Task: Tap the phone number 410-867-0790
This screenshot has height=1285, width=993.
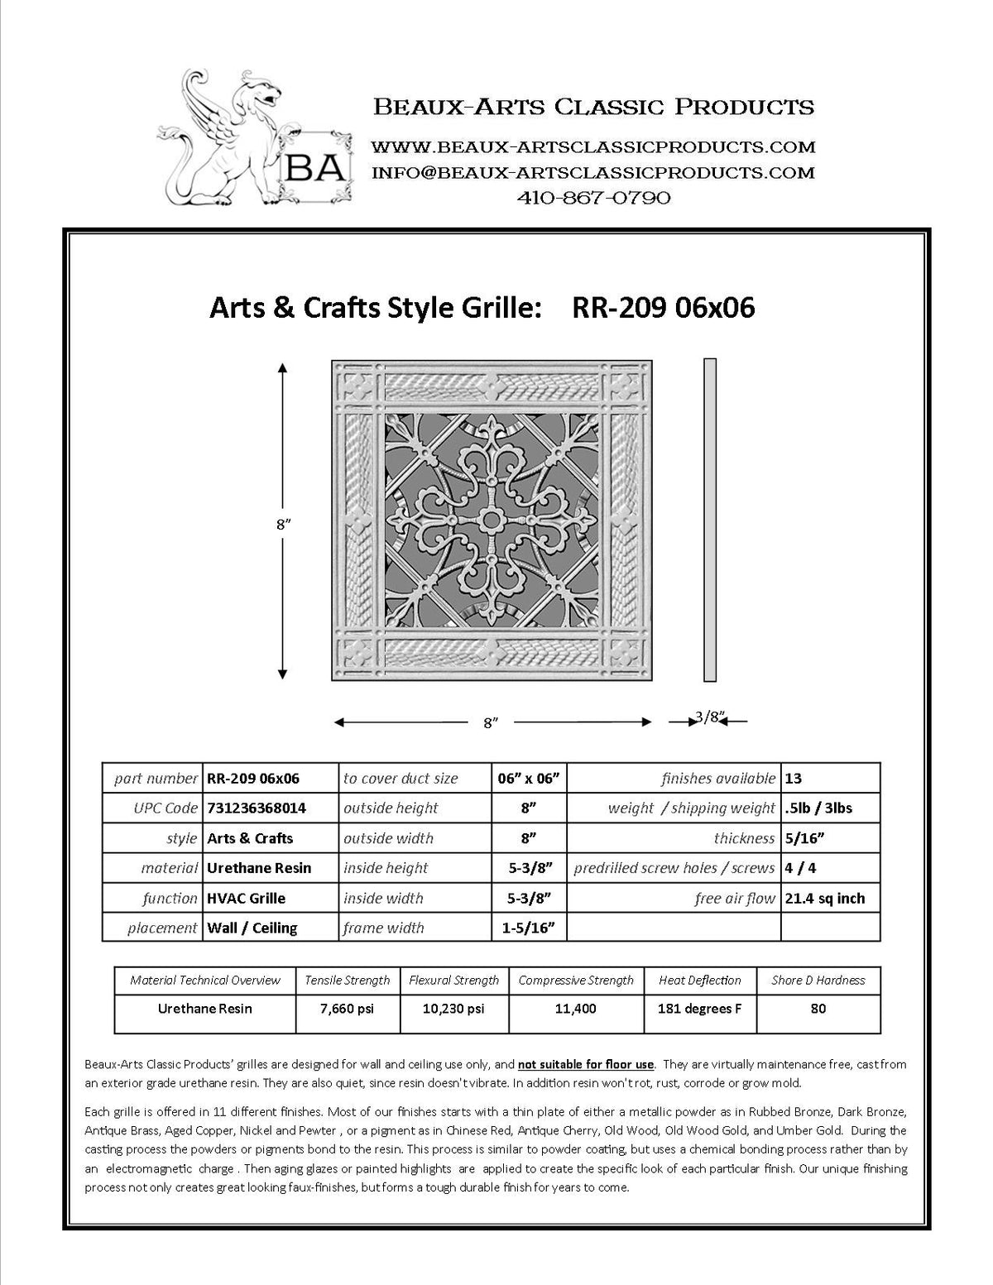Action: point(593,198)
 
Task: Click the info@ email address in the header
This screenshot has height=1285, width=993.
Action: point(593,173)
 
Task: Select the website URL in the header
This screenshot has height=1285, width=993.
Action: point(593,147)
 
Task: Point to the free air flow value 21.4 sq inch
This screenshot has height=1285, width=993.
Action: point(825,899)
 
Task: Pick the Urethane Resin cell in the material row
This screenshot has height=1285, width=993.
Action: point(259,868)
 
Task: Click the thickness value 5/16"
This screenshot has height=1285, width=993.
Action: point(804,838)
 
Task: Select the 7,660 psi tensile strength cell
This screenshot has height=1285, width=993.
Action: point(347,1009)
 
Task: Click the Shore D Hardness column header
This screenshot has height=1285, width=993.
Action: point(818,981)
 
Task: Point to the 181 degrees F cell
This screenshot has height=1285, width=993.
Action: point(699,1009)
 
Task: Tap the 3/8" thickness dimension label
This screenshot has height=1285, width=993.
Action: point(708,717)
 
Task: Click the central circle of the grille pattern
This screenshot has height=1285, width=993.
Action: point(492,520)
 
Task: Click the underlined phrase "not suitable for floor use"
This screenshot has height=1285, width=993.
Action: point(587,1064)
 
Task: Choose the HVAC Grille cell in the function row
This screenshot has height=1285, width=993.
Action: point(246,899)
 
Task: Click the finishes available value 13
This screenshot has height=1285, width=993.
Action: point(794,779)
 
